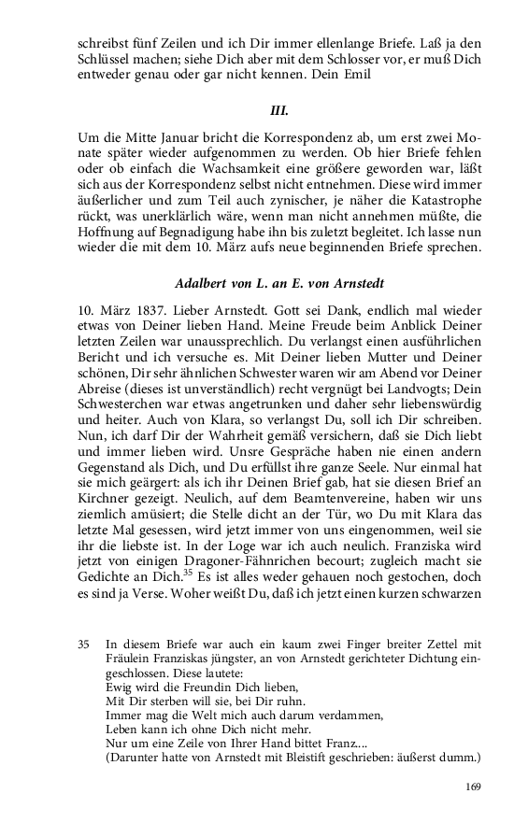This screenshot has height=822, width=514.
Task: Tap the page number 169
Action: (x=472, y=787)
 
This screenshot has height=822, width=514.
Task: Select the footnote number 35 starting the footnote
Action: (x=84, y=644)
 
